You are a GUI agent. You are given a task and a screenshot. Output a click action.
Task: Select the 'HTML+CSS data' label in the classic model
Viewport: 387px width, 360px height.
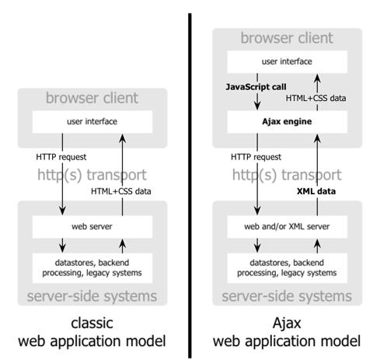124,190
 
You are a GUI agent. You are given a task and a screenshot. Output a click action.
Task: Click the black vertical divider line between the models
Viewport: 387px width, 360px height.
189,179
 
